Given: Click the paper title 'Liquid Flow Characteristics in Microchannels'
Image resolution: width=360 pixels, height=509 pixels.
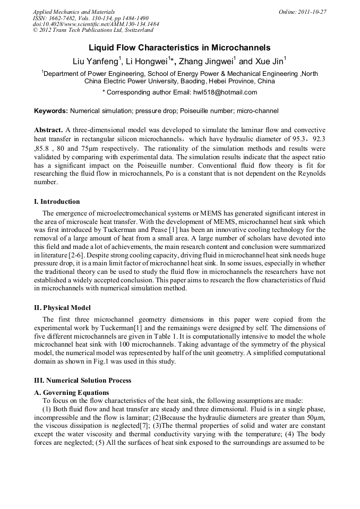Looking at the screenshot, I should (179, 48).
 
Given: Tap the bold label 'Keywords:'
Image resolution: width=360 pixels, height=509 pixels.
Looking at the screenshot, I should (50, 111).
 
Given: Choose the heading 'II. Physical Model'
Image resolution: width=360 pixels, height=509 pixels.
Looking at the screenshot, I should (62, 308).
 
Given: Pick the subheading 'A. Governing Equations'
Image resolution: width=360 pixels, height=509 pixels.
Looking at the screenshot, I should (71, 393).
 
